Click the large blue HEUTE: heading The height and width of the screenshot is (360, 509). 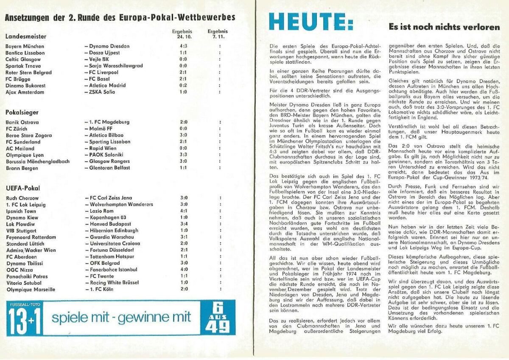[x=311, y=21]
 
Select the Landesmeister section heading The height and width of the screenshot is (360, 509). [x=26, y=37]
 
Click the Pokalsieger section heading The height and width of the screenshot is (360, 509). [x=22, y=112]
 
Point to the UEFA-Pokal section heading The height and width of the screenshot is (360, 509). [x=23, y=188]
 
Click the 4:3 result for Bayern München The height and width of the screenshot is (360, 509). [x=183, y=46]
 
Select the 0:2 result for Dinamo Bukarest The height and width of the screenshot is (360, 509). [x=183, y=85]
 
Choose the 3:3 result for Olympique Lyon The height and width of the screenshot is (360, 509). [x=183, y=155]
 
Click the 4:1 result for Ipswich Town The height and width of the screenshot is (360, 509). [x=183, y=211]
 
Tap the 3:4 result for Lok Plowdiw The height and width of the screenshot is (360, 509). [x=183, y=224]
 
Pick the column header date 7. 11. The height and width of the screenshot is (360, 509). [x=218, y=36]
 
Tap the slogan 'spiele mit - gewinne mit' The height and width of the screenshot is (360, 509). [x=121, y=318]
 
